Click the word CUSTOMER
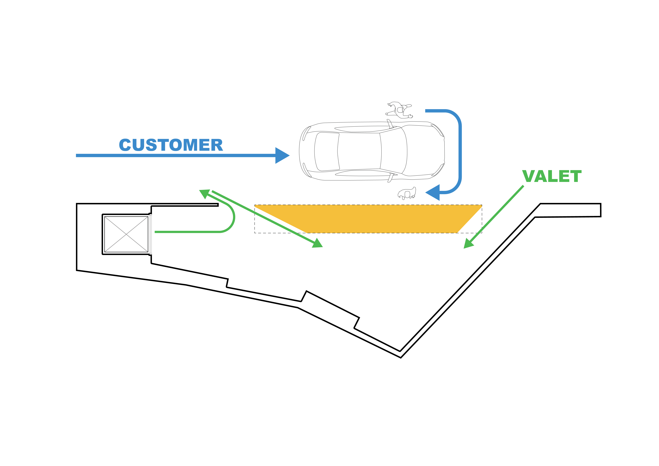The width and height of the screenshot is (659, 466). [x=171, y=145]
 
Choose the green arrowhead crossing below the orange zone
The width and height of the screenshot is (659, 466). [x=317, y=243]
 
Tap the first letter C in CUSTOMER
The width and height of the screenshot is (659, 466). [x=125, y=145]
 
